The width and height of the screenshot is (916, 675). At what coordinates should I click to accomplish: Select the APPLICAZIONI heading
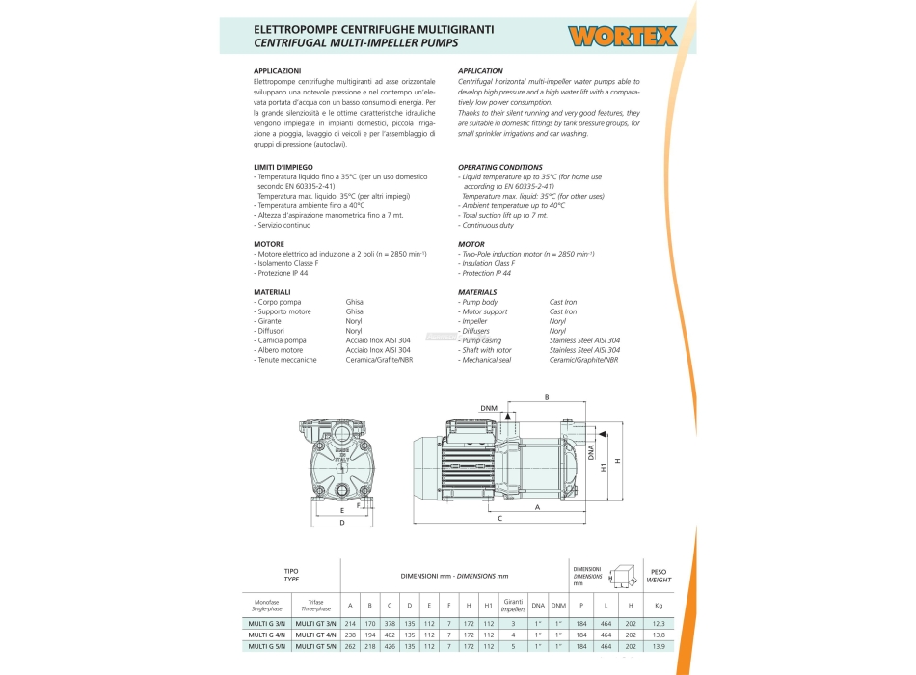pos(278,71)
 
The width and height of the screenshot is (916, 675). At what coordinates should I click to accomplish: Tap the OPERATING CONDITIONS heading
pos(500,168)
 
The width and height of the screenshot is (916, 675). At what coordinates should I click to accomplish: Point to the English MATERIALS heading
pos(478,292)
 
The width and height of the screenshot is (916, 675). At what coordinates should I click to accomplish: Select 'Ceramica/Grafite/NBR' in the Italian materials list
pos(380,359)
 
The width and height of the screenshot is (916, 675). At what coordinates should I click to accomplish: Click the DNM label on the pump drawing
pos(489,408)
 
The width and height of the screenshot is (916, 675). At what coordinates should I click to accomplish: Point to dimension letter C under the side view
pos(499,519)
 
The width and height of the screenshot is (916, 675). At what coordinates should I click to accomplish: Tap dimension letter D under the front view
pos(342,523)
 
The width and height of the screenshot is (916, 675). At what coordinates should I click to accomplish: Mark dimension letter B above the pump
pos(547,397)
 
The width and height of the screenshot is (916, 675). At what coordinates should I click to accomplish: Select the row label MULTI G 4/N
pos(264,635)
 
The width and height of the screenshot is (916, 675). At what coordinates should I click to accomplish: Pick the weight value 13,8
pos(659,635)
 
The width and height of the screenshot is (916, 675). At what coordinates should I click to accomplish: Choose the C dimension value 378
pos(390,623)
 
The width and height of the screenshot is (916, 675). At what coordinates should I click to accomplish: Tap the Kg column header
pos(659,607)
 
